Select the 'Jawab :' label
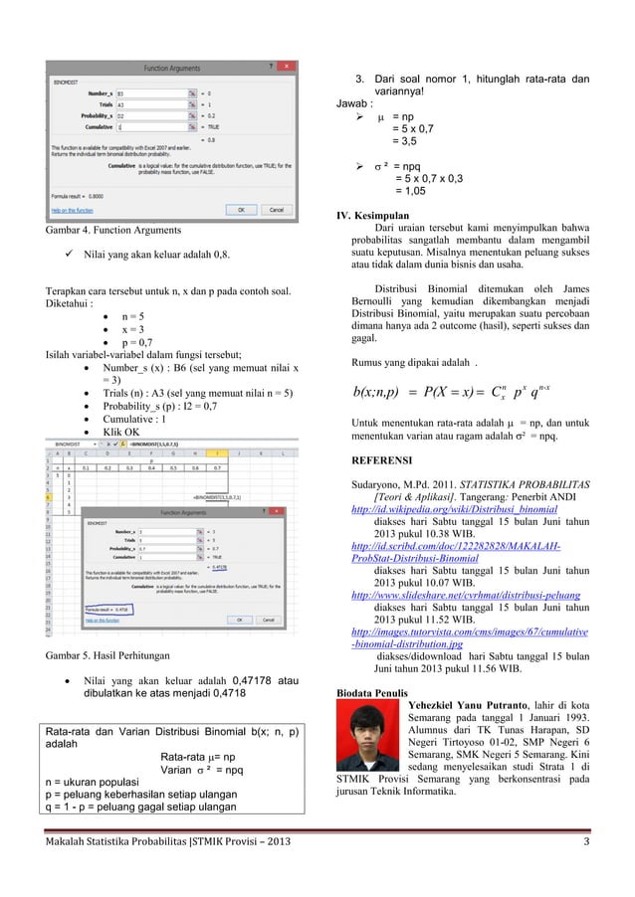355,101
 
